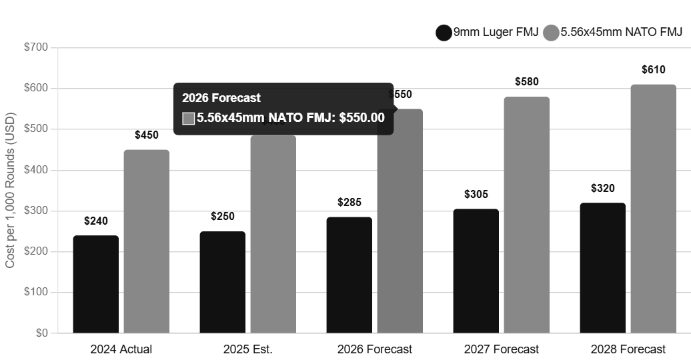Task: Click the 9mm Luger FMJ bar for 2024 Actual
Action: click(x=95, y=284)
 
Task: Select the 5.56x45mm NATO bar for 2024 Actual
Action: click(x=146, y=241)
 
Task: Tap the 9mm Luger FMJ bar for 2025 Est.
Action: click(x=222, y=282)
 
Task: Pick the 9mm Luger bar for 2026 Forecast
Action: click(x=349, y=275)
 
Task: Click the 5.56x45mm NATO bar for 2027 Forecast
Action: click(x=526, y=215)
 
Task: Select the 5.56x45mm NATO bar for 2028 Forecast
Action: click(x=653, y=209)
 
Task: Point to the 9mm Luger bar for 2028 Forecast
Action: click(x=602, y=268)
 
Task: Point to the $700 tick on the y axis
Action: click(x=37, y=47)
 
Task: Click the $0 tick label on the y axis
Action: click(x=41, y=333)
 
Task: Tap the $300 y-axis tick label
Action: click(x=37, y=211)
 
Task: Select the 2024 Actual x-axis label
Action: click(x=121, y=349)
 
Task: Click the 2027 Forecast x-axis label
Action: click(x=501, y=349)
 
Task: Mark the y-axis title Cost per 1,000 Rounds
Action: click(x=10, y=190)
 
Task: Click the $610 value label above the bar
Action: click(x=653, y=69)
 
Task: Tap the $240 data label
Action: click(x=95, y=221)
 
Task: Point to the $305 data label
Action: click(x=476, y=194)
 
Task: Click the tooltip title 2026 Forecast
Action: click(x=221, y=97)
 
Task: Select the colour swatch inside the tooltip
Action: click(x=188, y=118)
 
